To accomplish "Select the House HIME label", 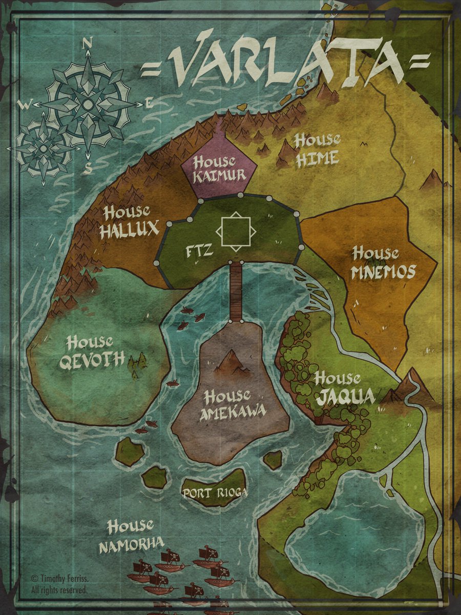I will [x=317, y=149].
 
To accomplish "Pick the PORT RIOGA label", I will [x=215, y=493].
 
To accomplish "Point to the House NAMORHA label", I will [x=131, y=536].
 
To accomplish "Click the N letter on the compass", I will [x=87, y=44].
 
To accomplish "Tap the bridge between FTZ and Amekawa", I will [x=236, y=291].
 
